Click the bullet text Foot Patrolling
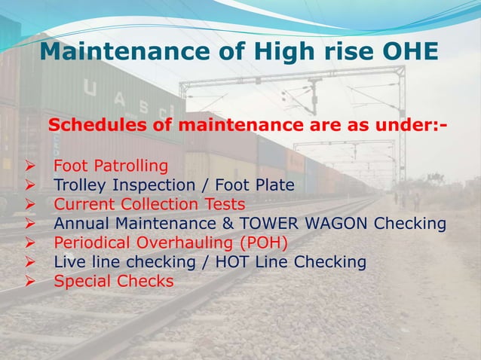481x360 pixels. [x=111, y=166]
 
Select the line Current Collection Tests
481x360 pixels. [x=149, y=204]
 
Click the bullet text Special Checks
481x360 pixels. [x=113, y=282]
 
